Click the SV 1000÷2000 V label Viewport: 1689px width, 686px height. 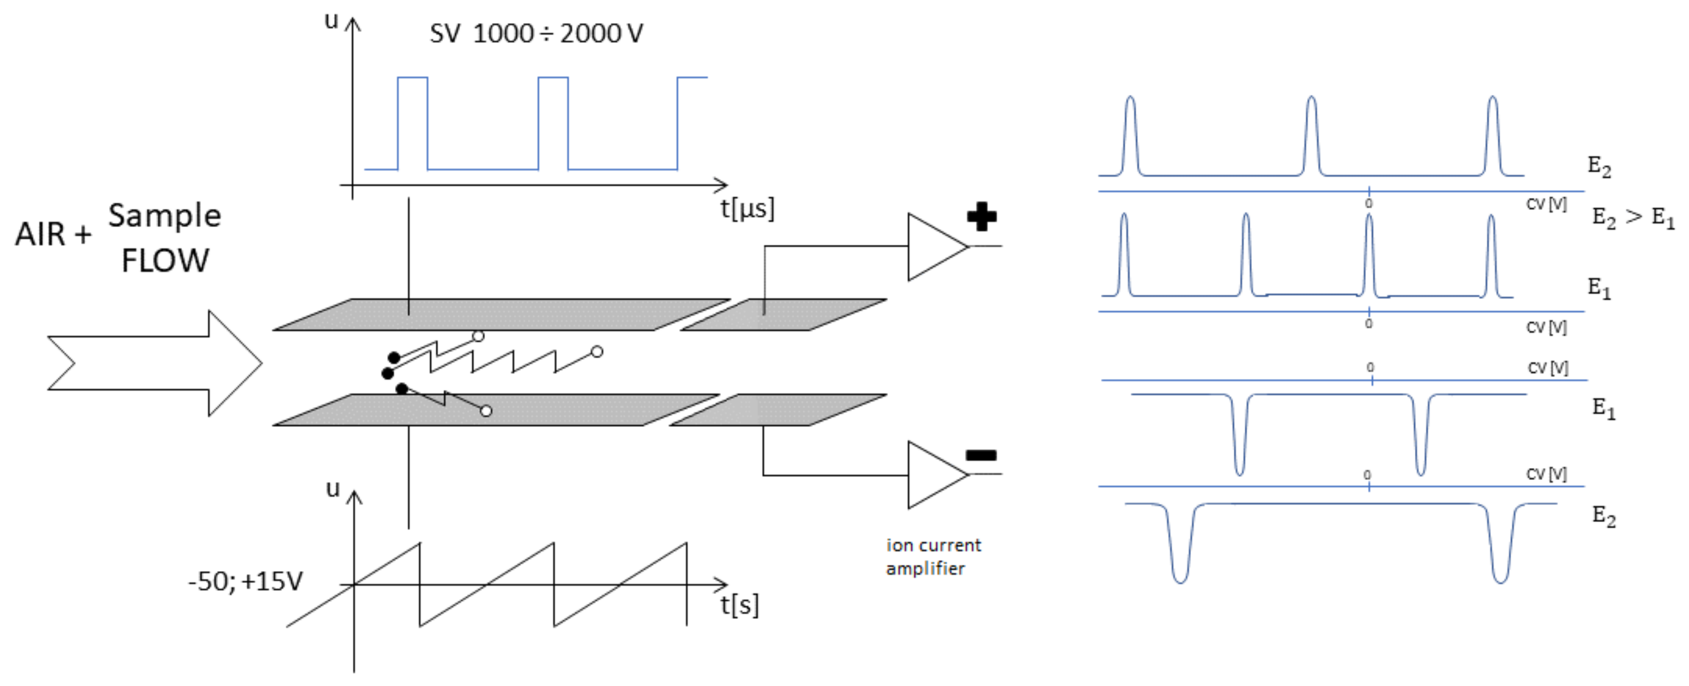click(x=536, y=34)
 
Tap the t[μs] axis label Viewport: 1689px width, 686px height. click(x=747, y=208)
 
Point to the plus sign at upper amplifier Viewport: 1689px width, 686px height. click(x=982, y=217)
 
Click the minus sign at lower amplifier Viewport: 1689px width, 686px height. click(x=981, y=455)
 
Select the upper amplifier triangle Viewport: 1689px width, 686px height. click(x=932, y=247)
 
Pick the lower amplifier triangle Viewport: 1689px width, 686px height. click(x=932, y=474)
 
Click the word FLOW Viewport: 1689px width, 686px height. click(x=165, y=260)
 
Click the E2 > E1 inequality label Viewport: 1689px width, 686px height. click(x=1632, y=217)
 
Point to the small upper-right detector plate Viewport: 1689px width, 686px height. click(x=784, y=315)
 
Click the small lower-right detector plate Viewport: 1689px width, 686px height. click(x=778, y=410)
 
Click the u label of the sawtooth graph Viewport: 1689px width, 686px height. click(x=333, y=489)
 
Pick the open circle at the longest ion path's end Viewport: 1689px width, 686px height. click(x=597, y=352)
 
